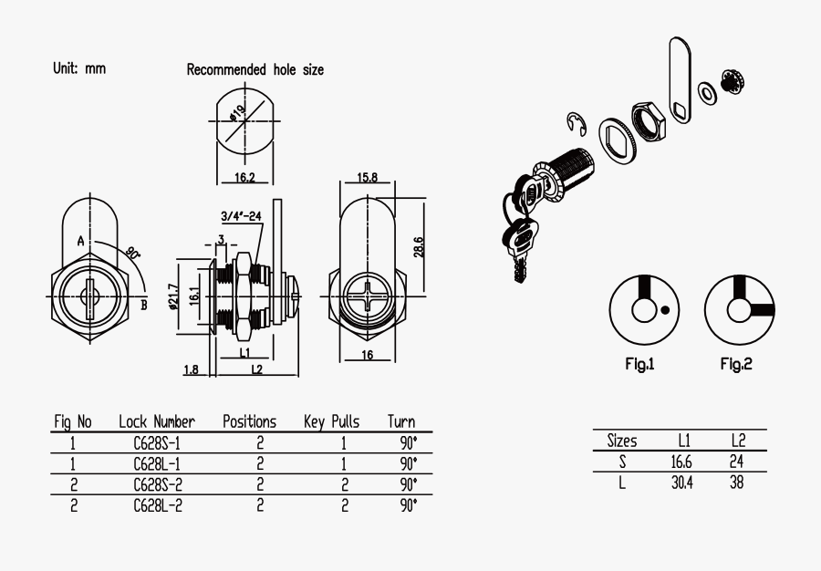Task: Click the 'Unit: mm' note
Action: tap(79, 69)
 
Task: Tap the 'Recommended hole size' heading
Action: tap(255, 69)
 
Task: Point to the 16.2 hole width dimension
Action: tap(244, 177)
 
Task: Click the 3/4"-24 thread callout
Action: tap(242, 216)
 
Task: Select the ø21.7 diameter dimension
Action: tap(172, 295)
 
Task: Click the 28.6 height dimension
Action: tap(419, 247)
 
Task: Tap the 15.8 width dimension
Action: tap(368, 177)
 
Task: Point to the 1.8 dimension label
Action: tap(191, 369)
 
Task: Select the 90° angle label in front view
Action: tap(132, 253)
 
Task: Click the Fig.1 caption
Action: tap(639, 364)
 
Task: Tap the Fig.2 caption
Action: tap(735, 364)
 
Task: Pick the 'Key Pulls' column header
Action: tap(331, 421)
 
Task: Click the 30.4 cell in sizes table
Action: tap(682, 483)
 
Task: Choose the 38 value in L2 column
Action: tap(736, 483)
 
